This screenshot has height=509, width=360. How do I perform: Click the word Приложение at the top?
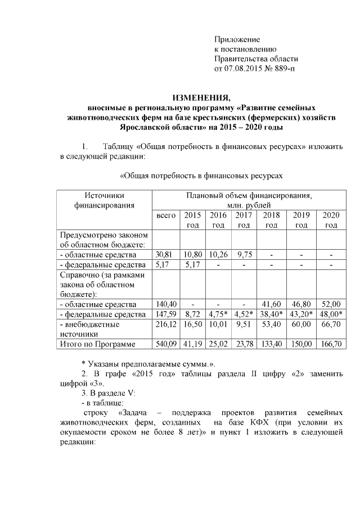(237, 39)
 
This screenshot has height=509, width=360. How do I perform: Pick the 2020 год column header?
(331, 220)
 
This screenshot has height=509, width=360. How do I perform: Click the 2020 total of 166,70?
(331, 344)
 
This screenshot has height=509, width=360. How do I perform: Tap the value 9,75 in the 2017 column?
(244, 255)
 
